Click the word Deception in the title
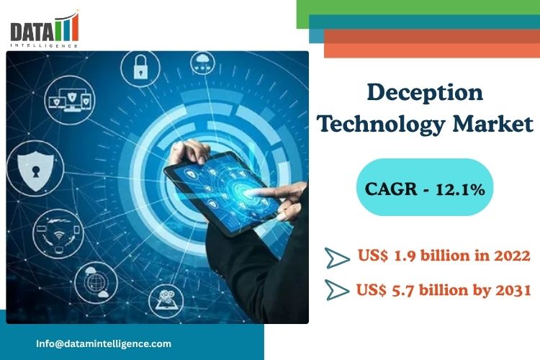click(x=425, y=93)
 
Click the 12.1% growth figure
click(x=461, y=189)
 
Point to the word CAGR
click(x=391, y=189)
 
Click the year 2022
click(x=512, y=256)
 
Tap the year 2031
click(x=513, y=290)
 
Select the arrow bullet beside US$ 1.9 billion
click(x=337, y=258)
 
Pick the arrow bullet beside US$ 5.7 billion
click(x=337, y=289)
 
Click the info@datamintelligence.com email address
click(x=104, y=343)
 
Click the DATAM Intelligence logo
click(x=45, y=30)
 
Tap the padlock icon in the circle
click(x=140, y=67)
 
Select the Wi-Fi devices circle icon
click(x=58, y=234)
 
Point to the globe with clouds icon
click(x=96, y=282)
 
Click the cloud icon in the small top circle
click(x=203, y=63)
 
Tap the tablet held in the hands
click(x=222, y=193)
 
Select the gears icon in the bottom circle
click(x=166, y=300)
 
